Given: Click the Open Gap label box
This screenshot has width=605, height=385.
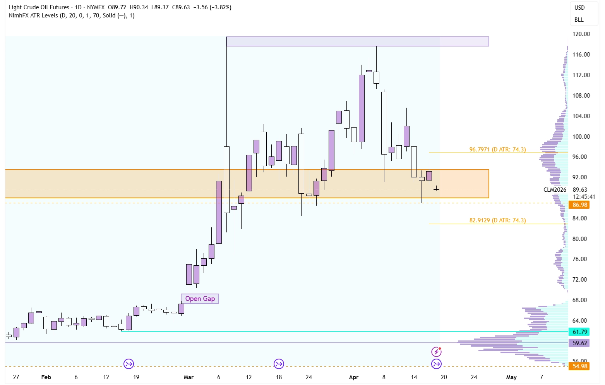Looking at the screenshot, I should click(200, 299).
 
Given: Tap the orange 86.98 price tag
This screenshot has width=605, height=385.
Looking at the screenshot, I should click(579, 205).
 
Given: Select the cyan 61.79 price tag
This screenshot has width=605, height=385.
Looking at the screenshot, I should click(579, 332).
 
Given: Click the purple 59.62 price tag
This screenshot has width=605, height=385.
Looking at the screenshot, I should click(579, 343).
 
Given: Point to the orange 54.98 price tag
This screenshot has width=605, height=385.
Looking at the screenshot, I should click(579, 366).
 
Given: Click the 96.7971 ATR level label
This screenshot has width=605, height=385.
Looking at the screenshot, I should click(497, 150).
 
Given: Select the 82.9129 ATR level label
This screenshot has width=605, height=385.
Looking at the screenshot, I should click(497, 220).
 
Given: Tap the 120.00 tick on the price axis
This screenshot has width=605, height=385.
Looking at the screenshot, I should click(581, 34).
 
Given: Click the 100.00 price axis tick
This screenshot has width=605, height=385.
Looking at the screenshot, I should click(581, 137).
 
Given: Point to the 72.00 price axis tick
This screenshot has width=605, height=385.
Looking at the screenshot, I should click(579, 280).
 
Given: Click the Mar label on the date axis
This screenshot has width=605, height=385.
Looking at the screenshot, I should click(189, 377).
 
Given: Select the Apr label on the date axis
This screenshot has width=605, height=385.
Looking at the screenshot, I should click(354, 377).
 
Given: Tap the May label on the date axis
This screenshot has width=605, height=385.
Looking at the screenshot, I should click(511, 377).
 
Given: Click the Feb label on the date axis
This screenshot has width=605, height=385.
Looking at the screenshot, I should click(46, 377).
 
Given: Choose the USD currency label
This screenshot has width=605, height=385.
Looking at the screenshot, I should click(579, 8).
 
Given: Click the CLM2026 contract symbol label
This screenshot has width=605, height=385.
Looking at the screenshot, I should click(555, 190).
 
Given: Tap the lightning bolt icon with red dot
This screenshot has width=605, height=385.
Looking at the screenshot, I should click(436, 352).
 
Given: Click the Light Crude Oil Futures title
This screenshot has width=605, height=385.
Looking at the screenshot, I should click(39, 7).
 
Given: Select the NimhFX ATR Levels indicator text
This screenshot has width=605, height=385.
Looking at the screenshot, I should click(33, 15).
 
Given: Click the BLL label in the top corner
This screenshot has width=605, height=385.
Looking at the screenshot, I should click(579, 20).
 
